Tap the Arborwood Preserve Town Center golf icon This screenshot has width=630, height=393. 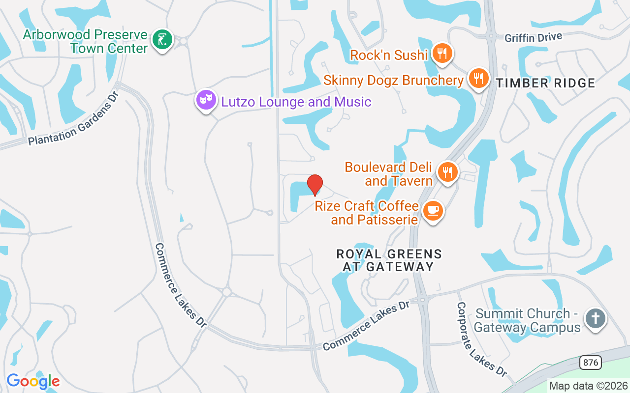point(162,39)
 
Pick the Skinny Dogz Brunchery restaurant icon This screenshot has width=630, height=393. point(477,78)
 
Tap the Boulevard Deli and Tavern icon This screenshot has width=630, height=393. point(447,172)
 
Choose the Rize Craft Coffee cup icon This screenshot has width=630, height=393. point(433,210)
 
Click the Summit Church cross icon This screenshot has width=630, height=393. point(595,318)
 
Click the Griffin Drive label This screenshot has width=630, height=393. point(534,37)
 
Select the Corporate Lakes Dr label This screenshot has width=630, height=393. point(481,339)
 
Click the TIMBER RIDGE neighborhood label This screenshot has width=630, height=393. point(545,83)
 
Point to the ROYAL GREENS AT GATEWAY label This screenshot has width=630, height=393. point(389,260)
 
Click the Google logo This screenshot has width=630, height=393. point(33,381)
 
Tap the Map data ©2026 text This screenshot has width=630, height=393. point(588,386)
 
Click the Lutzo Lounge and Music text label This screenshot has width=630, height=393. point(296,102)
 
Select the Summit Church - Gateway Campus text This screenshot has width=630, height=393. point(527,320)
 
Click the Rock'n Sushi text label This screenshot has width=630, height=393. point(388,55)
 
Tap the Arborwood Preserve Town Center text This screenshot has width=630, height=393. point(85,41)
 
